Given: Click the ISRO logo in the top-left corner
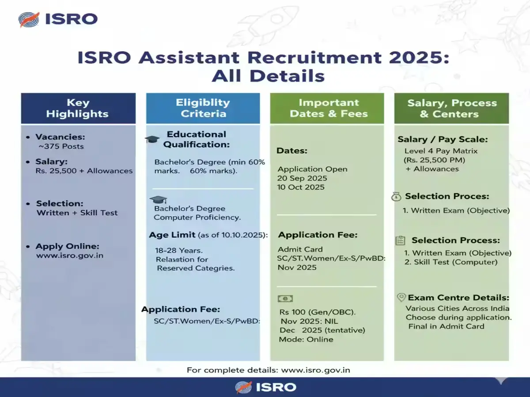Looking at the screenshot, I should [57, 20].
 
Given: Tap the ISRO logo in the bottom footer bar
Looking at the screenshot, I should [265, 387].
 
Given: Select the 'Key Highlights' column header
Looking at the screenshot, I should [78, 108].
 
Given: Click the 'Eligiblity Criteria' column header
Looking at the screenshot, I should [203, 108].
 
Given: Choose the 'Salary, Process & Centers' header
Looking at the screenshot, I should [452, 108].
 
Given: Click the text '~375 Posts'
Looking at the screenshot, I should [61, 146].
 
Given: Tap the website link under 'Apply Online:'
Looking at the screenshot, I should [70, 255].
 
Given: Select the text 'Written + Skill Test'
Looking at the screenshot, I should [77, 213].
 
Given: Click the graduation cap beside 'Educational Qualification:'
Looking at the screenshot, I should [152, 139].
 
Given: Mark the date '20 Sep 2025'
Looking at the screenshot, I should [303, 178].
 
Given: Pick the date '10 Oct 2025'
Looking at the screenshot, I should [301, 187].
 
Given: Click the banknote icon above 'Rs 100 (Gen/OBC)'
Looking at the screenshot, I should [285, 299].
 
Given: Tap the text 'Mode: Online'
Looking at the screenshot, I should [306, 339].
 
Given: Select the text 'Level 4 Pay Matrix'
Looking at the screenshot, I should [435, 151].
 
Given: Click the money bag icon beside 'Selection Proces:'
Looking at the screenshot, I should [396, 197].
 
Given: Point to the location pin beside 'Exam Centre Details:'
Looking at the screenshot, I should [401, 297].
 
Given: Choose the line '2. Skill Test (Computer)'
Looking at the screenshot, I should [451, 262].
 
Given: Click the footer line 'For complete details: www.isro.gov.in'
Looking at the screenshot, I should [268, 370].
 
